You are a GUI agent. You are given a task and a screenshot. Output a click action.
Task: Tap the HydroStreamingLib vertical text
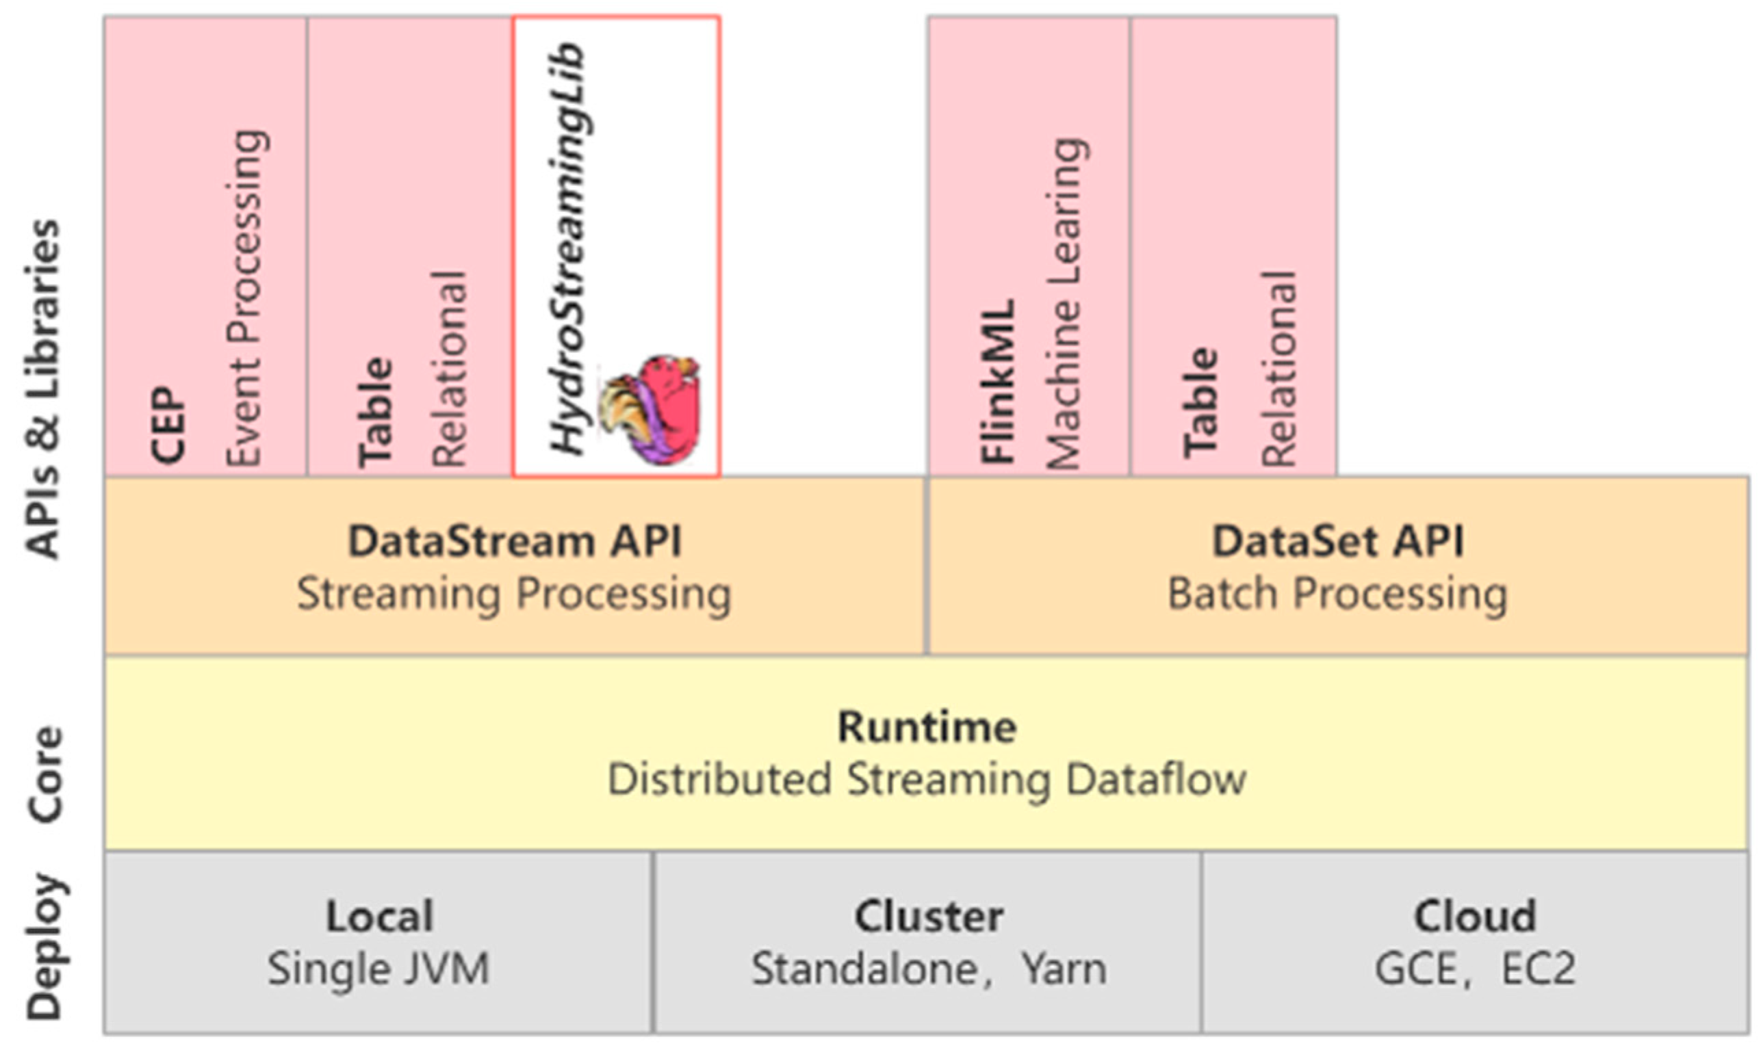click(568, 248)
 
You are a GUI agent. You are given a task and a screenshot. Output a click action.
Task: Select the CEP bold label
click(168, 425)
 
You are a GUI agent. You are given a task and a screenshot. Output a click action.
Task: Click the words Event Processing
click(246, 297)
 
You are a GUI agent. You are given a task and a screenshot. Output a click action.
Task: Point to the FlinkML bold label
click(998, 382)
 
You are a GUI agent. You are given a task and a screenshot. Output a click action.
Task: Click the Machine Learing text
click(1064, 304)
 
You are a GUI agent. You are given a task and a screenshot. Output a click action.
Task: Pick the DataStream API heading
click(515, 542)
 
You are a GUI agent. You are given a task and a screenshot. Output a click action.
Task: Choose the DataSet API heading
click(1338, 542)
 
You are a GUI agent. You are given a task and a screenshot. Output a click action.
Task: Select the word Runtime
click(927, 727)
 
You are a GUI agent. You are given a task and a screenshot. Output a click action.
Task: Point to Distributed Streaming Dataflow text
click(927, 780)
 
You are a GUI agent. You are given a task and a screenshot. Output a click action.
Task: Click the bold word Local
click(379, 917)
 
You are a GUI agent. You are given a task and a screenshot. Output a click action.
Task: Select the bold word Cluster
click(929, 917)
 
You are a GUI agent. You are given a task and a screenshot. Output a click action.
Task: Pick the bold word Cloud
click(1475, 917)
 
